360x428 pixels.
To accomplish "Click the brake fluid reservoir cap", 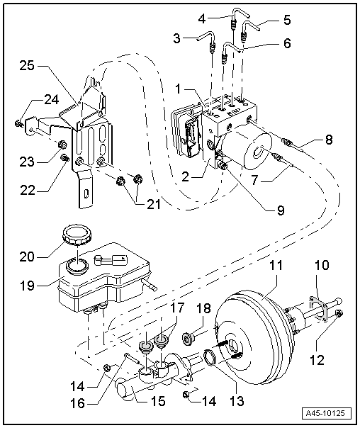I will pos(74,234).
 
